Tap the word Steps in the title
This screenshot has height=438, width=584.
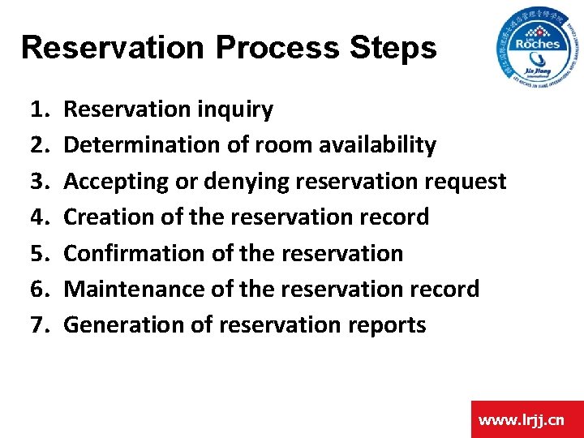[x=393, y=48]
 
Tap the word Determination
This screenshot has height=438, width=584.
[x=127, y=145]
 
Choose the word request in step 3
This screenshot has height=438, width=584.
[x=468, y=182]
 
